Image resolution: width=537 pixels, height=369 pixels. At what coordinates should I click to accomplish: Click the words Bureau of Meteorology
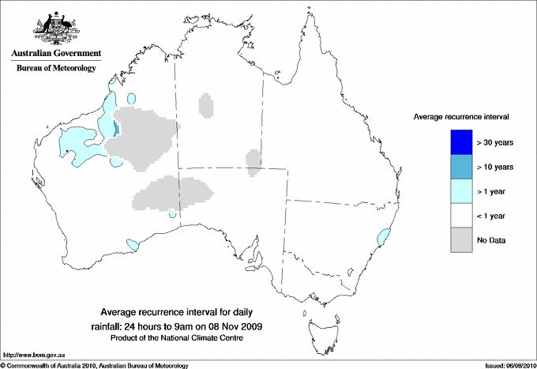[56, 69]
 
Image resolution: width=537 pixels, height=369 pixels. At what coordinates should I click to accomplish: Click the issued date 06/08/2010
[516, 365]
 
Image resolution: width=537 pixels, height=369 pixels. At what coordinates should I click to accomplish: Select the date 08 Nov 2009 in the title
[236, 326]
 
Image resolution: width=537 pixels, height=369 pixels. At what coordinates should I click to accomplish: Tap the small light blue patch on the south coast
[131, 243]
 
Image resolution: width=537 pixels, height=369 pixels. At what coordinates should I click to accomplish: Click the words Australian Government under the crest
[56, 54]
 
